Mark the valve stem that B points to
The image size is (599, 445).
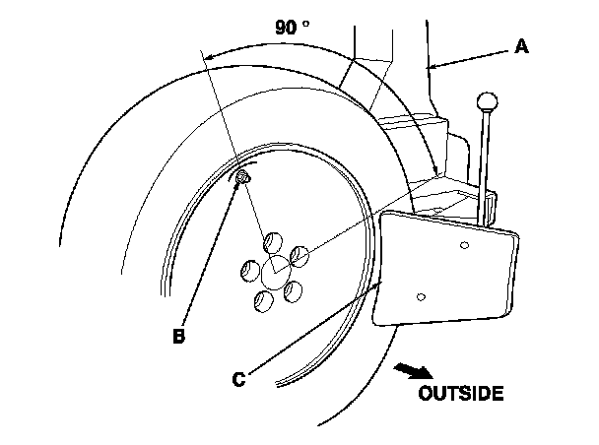(x=242, y=177)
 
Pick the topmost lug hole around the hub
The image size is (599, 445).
(x=271, y=238)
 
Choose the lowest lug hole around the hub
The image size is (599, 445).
(x=264, y=300)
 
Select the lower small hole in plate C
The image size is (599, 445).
(x=421, y=294)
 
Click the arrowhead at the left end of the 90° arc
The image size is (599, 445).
(x=210, y=58)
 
